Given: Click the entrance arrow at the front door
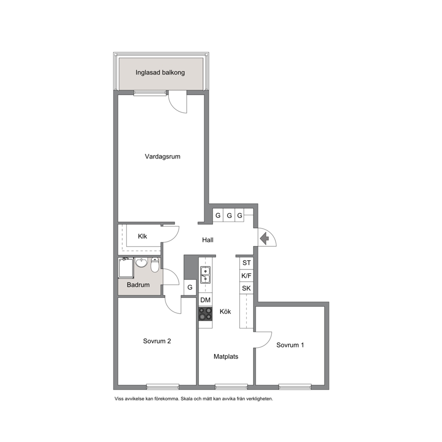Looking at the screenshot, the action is [264, 239].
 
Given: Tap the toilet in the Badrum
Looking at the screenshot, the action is [155, 265].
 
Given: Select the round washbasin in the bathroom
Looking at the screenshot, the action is [141, 262].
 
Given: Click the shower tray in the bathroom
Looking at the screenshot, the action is [126, 268].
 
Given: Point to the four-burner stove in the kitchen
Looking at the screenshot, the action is [205, 314].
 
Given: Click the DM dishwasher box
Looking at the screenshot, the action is [205, 300].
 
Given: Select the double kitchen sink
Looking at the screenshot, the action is [205, 275].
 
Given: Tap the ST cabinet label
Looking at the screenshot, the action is [246, 263].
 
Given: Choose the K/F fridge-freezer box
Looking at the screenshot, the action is [246, 276].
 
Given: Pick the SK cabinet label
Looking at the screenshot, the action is [246, 288].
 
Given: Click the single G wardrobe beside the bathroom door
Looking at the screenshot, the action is [190, 287].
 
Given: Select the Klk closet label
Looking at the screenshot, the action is [142, 236].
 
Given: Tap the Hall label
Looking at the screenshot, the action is [208, 240].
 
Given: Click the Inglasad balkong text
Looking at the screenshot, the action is [160, 73].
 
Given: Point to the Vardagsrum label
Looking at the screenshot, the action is [163, 156].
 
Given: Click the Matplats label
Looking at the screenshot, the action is [226, 356].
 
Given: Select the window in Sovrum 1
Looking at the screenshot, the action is [295, 386].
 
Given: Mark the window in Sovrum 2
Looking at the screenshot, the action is [163, 386].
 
